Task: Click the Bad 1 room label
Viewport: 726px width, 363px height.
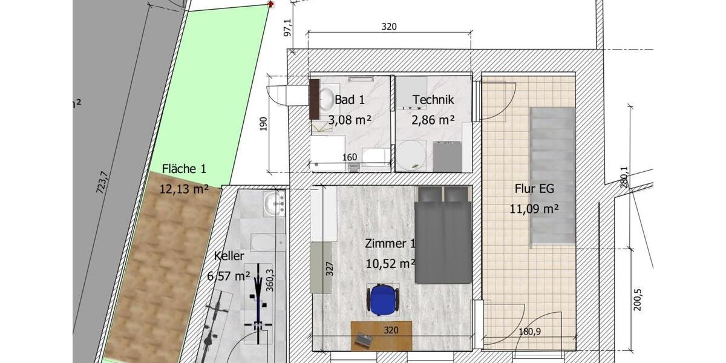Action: coord(349,100)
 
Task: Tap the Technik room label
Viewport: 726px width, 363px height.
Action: coord(433,100)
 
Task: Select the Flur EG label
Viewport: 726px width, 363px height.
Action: coord(534,189)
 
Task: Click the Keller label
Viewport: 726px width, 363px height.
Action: coord(229,256)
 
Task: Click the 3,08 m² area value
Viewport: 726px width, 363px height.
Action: coord(349,120)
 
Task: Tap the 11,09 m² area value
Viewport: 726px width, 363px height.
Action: coord(534,209)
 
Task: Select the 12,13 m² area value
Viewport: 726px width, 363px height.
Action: coord(184,189)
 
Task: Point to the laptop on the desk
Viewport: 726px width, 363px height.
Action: coord(364,341)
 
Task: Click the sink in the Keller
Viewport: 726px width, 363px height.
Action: coord(275,203)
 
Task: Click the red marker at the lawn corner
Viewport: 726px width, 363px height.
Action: coord(270,4)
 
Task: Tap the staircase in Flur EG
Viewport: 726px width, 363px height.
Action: coord(551,176)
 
